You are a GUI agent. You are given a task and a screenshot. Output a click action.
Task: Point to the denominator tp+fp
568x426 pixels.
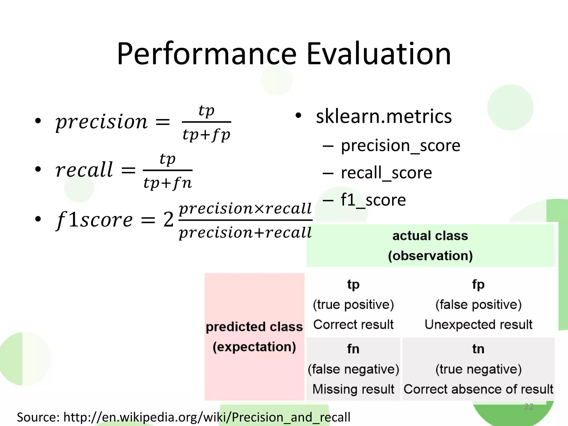click(206, 135)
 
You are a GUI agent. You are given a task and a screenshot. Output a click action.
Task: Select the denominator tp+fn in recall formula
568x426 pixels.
click(168, 183)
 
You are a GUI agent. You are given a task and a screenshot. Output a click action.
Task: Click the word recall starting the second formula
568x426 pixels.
click(84, 169)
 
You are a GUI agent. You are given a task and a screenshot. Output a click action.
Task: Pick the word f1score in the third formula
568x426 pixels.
click(94, 220)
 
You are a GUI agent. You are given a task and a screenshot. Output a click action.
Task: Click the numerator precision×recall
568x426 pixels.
click(245, 208)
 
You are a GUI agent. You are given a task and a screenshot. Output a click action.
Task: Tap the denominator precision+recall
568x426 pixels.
click(245, 232)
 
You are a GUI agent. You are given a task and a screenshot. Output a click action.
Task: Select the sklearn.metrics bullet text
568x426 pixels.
click(384, 116)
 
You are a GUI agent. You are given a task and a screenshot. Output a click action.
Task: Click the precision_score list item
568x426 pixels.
click(400, 145)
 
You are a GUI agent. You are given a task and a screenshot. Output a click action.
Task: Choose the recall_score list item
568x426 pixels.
click(386, 173)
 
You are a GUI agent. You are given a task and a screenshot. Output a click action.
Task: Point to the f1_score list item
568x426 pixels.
click(373, 200)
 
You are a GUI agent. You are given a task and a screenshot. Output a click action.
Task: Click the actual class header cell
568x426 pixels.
click(430, 245)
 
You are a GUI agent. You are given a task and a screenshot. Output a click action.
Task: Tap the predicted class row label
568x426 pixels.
click(254, 336)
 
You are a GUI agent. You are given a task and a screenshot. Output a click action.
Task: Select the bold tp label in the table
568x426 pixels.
click(353, 285)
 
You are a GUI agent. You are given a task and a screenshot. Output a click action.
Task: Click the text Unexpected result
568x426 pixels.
click(478, 324)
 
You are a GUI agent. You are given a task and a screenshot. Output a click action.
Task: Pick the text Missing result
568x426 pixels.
click(353, 389)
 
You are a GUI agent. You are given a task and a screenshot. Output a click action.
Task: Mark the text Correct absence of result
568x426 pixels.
click(478, 389)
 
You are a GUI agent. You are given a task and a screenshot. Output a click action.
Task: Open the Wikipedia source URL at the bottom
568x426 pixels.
click(207, 417)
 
